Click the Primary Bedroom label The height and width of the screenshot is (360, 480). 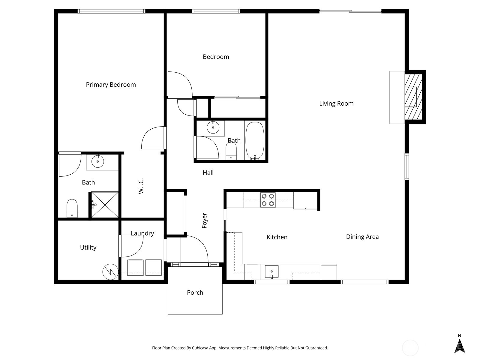(111, 85)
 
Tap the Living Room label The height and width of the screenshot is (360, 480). (336, 103)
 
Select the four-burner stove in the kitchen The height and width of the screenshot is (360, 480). (268, 200)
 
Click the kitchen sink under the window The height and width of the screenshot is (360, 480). (271, 272)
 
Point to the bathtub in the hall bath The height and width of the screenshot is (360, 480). (255, 140)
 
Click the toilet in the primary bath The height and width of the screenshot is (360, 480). (72, 208)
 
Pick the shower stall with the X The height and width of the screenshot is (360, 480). (105, 205)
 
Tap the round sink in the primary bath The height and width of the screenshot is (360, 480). (97, 162)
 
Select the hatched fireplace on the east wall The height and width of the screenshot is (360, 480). (413, 97)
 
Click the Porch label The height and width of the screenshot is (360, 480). (195, 292)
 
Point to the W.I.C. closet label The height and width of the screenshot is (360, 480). (141, 186)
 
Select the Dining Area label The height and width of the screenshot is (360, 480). (362, 237)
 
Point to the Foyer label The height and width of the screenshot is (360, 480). (205, 220)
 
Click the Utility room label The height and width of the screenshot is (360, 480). (88, 247)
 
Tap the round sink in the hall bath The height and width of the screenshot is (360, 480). (213, 127)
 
